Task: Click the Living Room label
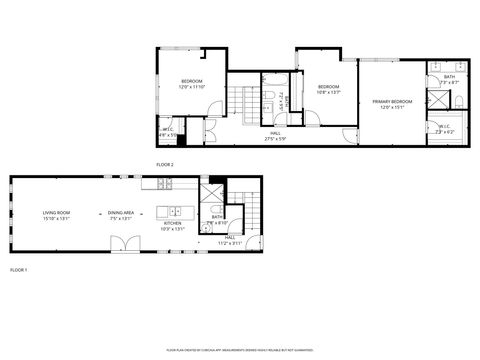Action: click(x=56, y=215)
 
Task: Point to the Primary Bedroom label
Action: click(x=392, y=104)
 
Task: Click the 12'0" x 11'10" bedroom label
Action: click(x=191, y=84)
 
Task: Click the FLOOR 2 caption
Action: click(x=165, y=163)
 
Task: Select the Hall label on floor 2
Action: click(x=275, y=136)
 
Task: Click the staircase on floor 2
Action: click(x=240, y=103)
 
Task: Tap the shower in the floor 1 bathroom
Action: click(x=212, y=195)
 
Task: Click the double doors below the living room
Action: click(x=119, y=243)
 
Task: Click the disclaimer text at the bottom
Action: click(x=240, y=350)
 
